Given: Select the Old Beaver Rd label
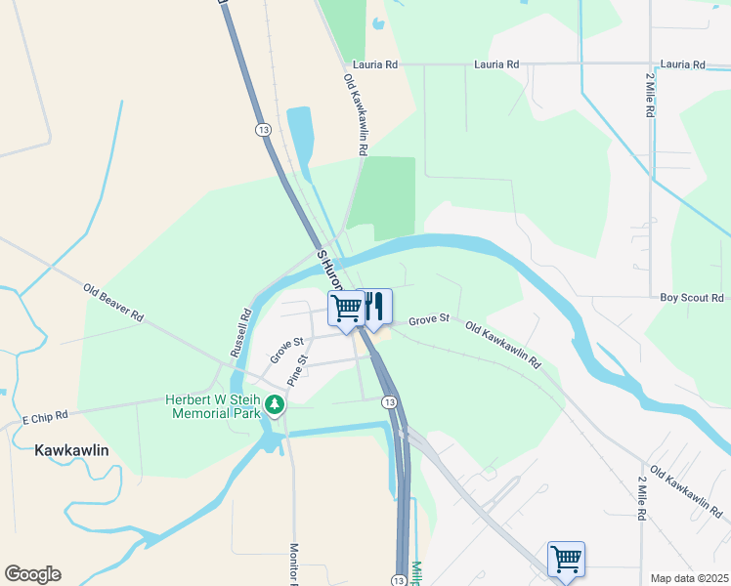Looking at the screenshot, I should [113, 304].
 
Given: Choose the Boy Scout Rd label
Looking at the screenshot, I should [691, 297].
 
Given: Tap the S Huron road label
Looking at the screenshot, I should [329, 267].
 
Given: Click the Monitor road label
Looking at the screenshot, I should [293, 564].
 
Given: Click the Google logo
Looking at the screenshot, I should [32, 574].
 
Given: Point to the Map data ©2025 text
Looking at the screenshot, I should [688, 578].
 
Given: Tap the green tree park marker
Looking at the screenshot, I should [276, 404].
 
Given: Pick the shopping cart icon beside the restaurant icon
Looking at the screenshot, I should [347, 309].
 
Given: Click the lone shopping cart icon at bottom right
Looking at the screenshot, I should [566, 560].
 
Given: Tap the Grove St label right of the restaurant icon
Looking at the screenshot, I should [428, 319].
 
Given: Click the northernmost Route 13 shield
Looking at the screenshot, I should [262, 130].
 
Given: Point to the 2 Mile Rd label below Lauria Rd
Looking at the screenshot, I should [649, 95].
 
